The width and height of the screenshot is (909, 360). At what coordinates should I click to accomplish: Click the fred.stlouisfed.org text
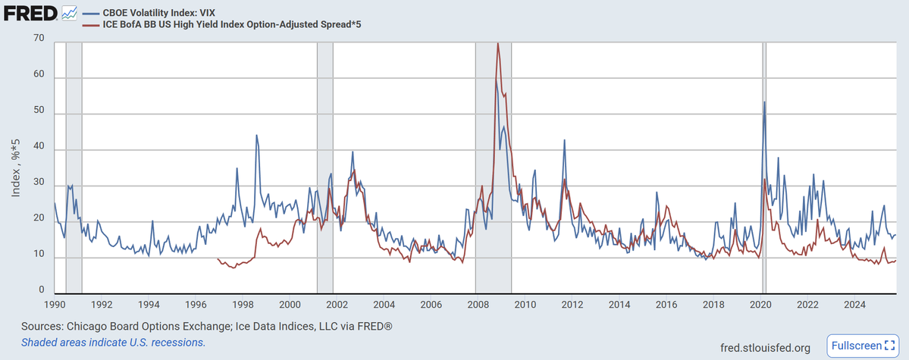[x=765, y=348]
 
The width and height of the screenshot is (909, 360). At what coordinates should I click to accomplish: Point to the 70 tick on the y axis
[x=39, y=38]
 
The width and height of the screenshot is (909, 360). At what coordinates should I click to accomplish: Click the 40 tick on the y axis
[x=39, y=150]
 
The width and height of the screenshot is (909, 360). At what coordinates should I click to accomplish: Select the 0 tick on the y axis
[x=42, y=290]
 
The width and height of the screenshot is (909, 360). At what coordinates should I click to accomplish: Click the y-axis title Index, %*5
[x=16, y=167]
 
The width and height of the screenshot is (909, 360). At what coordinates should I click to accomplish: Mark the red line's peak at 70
[x=498, y=43]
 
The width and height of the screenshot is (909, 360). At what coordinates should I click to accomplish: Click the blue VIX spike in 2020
[x=765, y=102]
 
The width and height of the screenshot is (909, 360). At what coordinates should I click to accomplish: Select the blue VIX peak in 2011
[x=564, y=139]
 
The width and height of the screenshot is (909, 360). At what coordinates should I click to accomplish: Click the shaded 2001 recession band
[x=324, y=167]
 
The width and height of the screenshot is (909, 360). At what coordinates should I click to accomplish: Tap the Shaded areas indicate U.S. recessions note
[x=113, y=342]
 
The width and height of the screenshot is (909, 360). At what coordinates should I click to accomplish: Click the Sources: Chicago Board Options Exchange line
[x=207, y=327]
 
